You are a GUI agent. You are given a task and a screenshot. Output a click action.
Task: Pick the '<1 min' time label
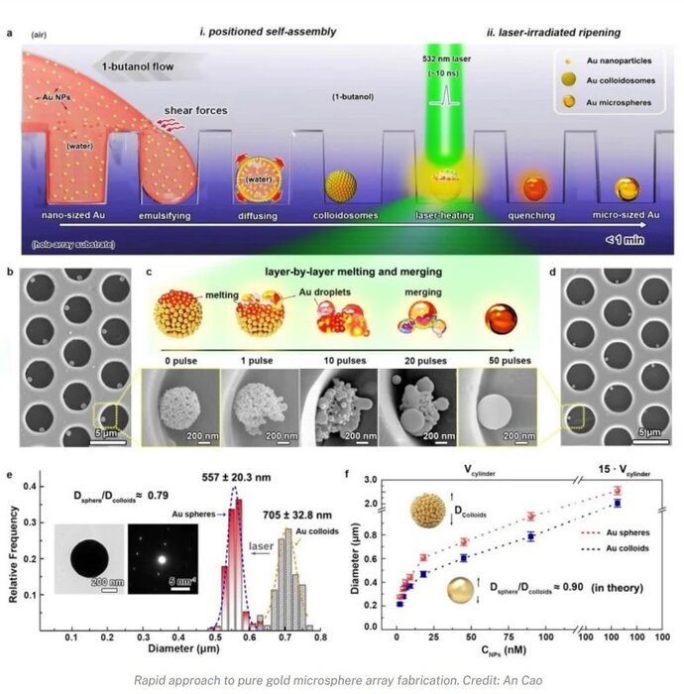(626, 238)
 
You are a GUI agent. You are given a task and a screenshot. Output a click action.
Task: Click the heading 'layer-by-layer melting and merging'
(343, 273)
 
